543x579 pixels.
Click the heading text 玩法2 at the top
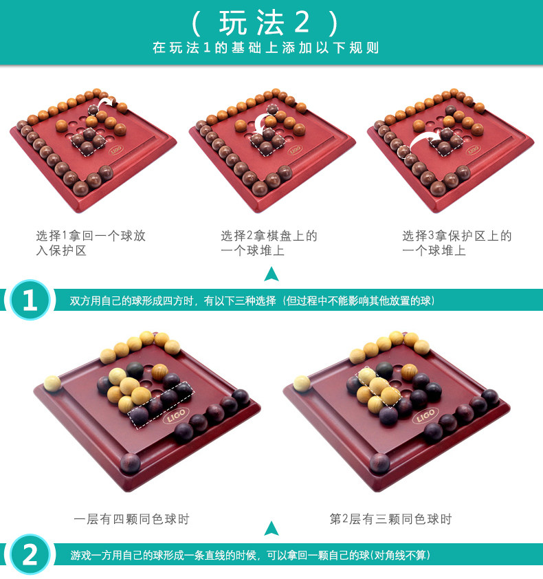pyautogui.click(x=265, y=23)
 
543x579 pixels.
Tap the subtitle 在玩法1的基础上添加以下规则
pyautogui.click(x=266, y=48)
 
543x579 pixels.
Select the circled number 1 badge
pyautogui.click(x=30, y=299)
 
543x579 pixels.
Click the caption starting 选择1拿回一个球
pyautogui.click(x=91, y=243)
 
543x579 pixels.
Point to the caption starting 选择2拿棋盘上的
pyautogui.click(x=269, y=243)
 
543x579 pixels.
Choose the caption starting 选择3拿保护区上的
pyautogui.click(x=457, y=243)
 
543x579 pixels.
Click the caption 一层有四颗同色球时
pyautogui.click(x=131, y=518)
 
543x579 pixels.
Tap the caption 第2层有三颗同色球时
pyautogui.click(x=390, y=518)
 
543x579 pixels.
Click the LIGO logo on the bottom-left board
pyautogui.click(x=176, y=416)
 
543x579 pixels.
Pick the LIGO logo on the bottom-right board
pyautogui.click(x=425, y=416)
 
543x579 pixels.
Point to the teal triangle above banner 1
pyautogui.click(x=271, y=275)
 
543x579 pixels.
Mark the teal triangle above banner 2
pyautogui.click(x=271, y=529)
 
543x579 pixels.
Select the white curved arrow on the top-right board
pyautogui.click(x=423, y=140)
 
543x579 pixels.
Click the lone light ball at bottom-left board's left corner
pyautogui.click(x=52, y=383)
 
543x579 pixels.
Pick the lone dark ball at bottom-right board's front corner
pyautogui.click(x=380, y=463)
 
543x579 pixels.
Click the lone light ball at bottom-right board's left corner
pyautogui.click(x=302, y=383)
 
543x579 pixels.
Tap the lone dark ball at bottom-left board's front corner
pyautogui.click(x=131, y=463)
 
